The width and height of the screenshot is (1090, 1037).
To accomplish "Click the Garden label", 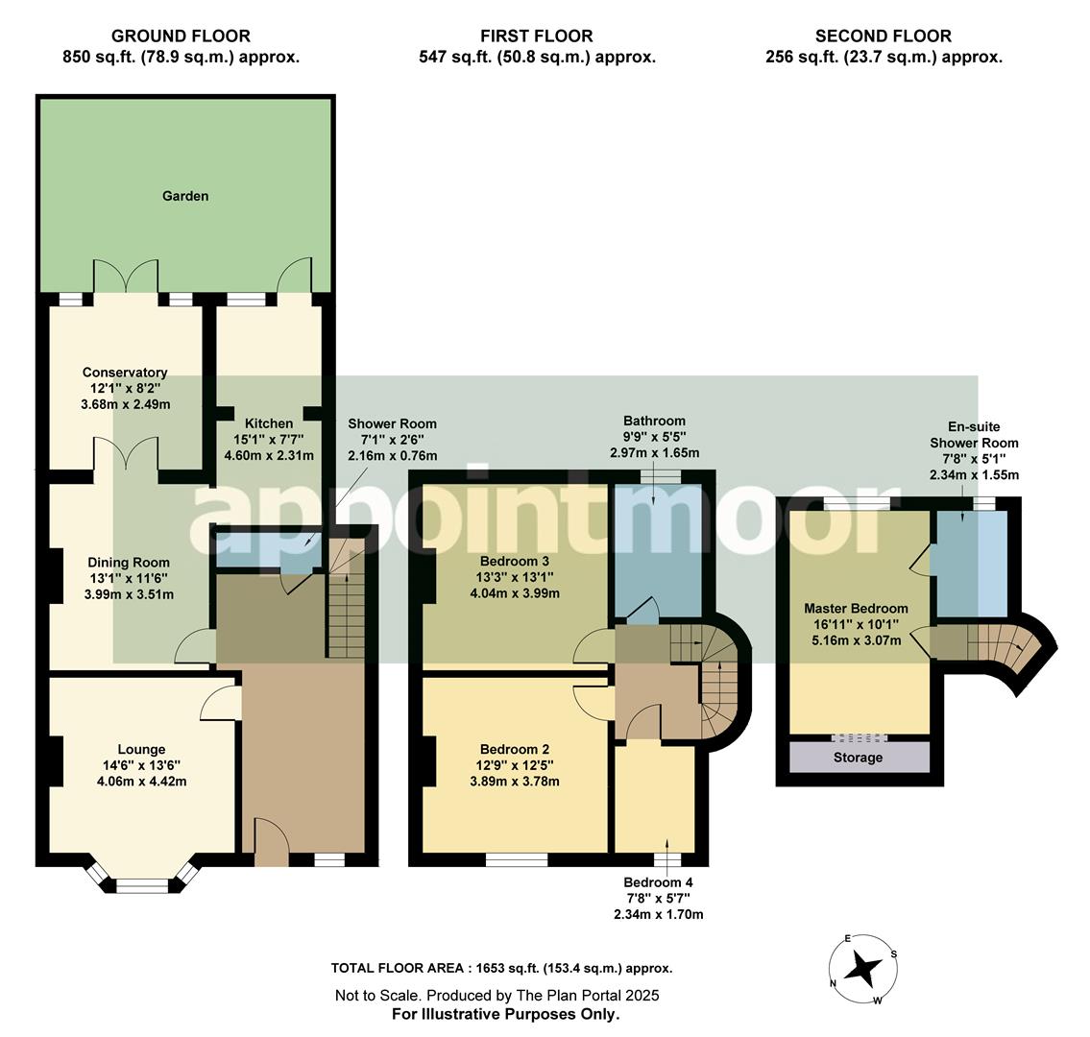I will pyautogui.click(x=185, y=196).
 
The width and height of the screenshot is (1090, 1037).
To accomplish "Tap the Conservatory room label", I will pyautogui.click(x=125, y=373).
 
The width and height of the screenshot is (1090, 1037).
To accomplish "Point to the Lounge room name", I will pyautogui.click(x=141, y=749).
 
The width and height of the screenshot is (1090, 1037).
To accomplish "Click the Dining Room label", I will pyautogui.click(x=129, y=563).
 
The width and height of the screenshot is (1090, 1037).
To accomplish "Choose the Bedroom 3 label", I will pyautogui.click(x=514, y=561).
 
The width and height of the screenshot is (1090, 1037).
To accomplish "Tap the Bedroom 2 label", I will pyautogui.click(x=514, y=749).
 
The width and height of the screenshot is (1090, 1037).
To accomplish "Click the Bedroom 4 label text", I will pyautogui.click(x=658, y=882).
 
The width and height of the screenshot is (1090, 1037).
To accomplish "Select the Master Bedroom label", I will pyautogui.click(x=856, y=608).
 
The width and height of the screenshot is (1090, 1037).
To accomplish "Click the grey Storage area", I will pyautogui.click(x=858, y=758).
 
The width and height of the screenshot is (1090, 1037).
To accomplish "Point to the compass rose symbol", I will pyautogui.click(x=864, y=970).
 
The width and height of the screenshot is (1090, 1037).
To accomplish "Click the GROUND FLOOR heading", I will pyautogui.click(x=181, y=36).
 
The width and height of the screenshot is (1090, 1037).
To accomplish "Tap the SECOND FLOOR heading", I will pyautogui.click(x=883, y=36).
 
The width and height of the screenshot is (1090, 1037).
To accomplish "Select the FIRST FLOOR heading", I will pyautogui.click(x=537, y=36).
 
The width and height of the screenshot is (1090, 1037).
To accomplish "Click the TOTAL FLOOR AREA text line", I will pyautogui.click(x=501, y=969).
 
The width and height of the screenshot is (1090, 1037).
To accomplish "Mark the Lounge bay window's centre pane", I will pyautogui.click(x=141, y=884).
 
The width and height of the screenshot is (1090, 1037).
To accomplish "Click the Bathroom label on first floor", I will pyautogui.click(x=654, y=421).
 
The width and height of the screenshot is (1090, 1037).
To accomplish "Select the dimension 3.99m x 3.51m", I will pyautogui.click(x=129, y=594).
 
